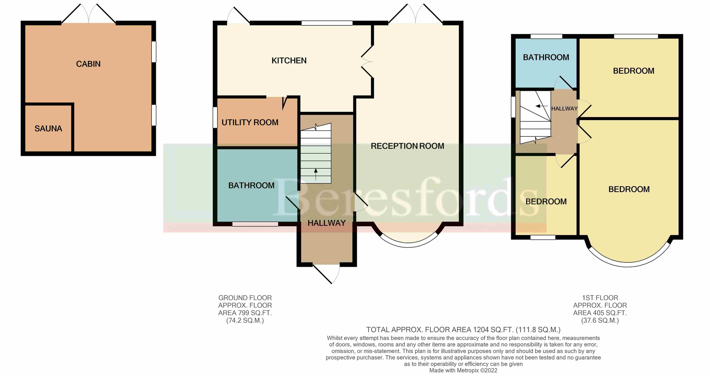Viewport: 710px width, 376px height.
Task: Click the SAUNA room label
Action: pos(48,129)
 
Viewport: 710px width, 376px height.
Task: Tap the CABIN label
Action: pos(88,64)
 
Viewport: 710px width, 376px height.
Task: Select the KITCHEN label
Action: pos(289,61)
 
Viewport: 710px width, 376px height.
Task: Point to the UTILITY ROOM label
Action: pos(250,122)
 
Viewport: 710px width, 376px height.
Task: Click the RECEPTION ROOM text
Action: pos(407,146)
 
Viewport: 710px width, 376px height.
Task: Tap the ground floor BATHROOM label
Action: pos(251,185)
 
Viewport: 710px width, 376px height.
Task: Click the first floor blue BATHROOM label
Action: pos(546,57)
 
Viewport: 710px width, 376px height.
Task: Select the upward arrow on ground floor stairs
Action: pos(316,174)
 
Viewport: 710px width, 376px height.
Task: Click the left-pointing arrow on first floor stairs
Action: pos(541,106)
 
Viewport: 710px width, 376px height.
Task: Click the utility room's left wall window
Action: pos(215,117)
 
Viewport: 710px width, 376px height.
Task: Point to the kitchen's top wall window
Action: pos(327,23)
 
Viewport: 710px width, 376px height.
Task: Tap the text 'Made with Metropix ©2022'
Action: pos(463,370)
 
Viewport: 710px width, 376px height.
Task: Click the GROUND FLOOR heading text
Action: pos(245,298)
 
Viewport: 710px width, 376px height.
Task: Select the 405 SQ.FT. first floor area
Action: pos(600,313)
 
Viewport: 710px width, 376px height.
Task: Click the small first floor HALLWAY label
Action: pos(564,109)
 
